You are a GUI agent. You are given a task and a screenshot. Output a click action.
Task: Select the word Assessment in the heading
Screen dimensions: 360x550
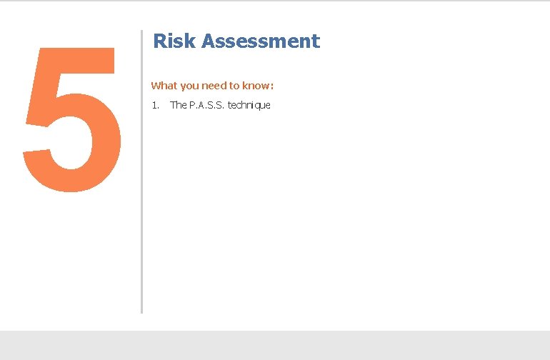(260, 41)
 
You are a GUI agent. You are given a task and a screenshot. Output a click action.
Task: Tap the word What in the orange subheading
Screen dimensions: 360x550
(164, 86)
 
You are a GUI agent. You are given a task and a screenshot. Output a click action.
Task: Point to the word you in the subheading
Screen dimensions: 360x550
(189, 86)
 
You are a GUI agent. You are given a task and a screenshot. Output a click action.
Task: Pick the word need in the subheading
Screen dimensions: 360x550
(214, 86)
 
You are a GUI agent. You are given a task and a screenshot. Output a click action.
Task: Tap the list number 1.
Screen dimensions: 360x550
(154, 106)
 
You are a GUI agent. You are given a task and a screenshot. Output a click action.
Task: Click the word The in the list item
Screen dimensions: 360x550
(179, 106)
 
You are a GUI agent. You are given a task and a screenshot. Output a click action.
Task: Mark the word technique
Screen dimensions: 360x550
(249, 106)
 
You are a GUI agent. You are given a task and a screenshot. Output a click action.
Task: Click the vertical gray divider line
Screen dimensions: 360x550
(142, 171)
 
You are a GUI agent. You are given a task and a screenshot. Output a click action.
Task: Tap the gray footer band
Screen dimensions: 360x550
(275, 345)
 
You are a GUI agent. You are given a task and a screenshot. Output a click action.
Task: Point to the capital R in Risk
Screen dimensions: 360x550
(159, 41)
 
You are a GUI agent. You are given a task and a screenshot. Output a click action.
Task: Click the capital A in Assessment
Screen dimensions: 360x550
(208, 41)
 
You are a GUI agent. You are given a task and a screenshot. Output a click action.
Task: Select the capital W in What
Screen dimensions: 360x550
(156, 86)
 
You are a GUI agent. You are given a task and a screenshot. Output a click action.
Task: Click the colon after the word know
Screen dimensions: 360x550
(272, 86)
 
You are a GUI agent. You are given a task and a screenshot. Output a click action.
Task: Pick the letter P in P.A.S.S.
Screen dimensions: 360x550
(192, 106)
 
